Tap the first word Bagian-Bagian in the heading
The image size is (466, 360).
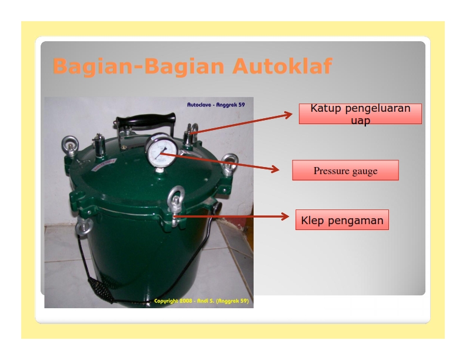[x=138, y=66]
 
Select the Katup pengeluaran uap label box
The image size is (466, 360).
[x=360, y=114]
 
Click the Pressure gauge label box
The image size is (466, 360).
[x=345, y=171]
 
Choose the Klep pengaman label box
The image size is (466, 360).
[x=342, y=220]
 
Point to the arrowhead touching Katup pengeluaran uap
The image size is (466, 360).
[x=288, y=114]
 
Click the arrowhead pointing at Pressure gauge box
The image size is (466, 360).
[x=275, y=170]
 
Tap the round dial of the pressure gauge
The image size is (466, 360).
[x=160, y=152]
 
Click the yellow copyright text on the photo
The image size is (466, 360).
[x=201, y=301]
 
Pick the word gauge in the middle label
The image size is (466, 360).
[x=365, y=171]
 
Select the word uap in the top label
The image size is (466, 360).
[x=360, y=121]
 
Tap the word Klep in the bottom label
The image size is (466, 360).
[x=312, y=221]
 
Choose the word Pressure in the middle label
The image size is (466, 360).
[x=331, y=171]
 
